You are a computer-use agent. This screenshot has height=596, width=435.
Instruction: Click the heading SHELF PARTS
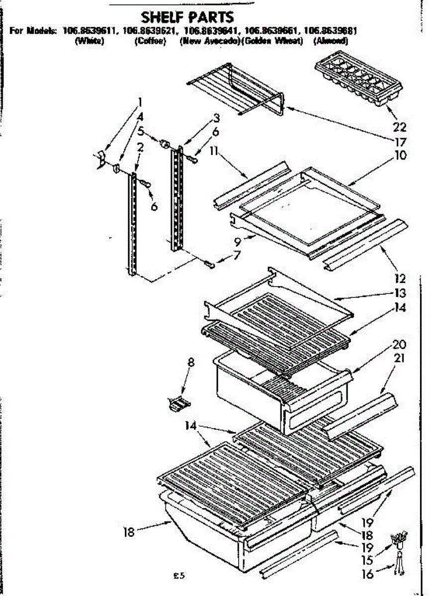[187, 17]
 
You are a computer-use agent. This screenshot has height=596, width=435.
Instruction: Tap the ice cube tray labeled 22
[358, 81]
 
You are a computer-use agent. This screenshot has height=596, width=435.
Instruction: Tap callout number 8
[191, 363]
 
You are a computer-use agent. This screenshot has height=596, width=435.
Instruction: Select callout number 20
[399, 344]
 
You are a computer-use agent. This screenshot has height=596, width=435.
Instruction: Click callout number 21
[399, 358]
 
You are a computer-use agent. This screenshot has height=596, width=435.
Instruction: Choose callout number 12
[400, 279]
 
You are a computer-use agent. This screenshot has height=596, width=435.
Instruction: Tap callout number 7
[236, 256]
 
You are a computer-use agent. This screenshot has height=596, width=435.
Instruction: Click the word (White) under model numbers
[88, 42]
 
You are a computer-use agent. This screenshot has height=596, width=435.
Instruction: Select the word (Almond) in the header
[331, 42]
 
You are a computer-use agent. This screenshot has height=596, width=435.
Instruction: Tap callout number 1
[140, 102]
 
